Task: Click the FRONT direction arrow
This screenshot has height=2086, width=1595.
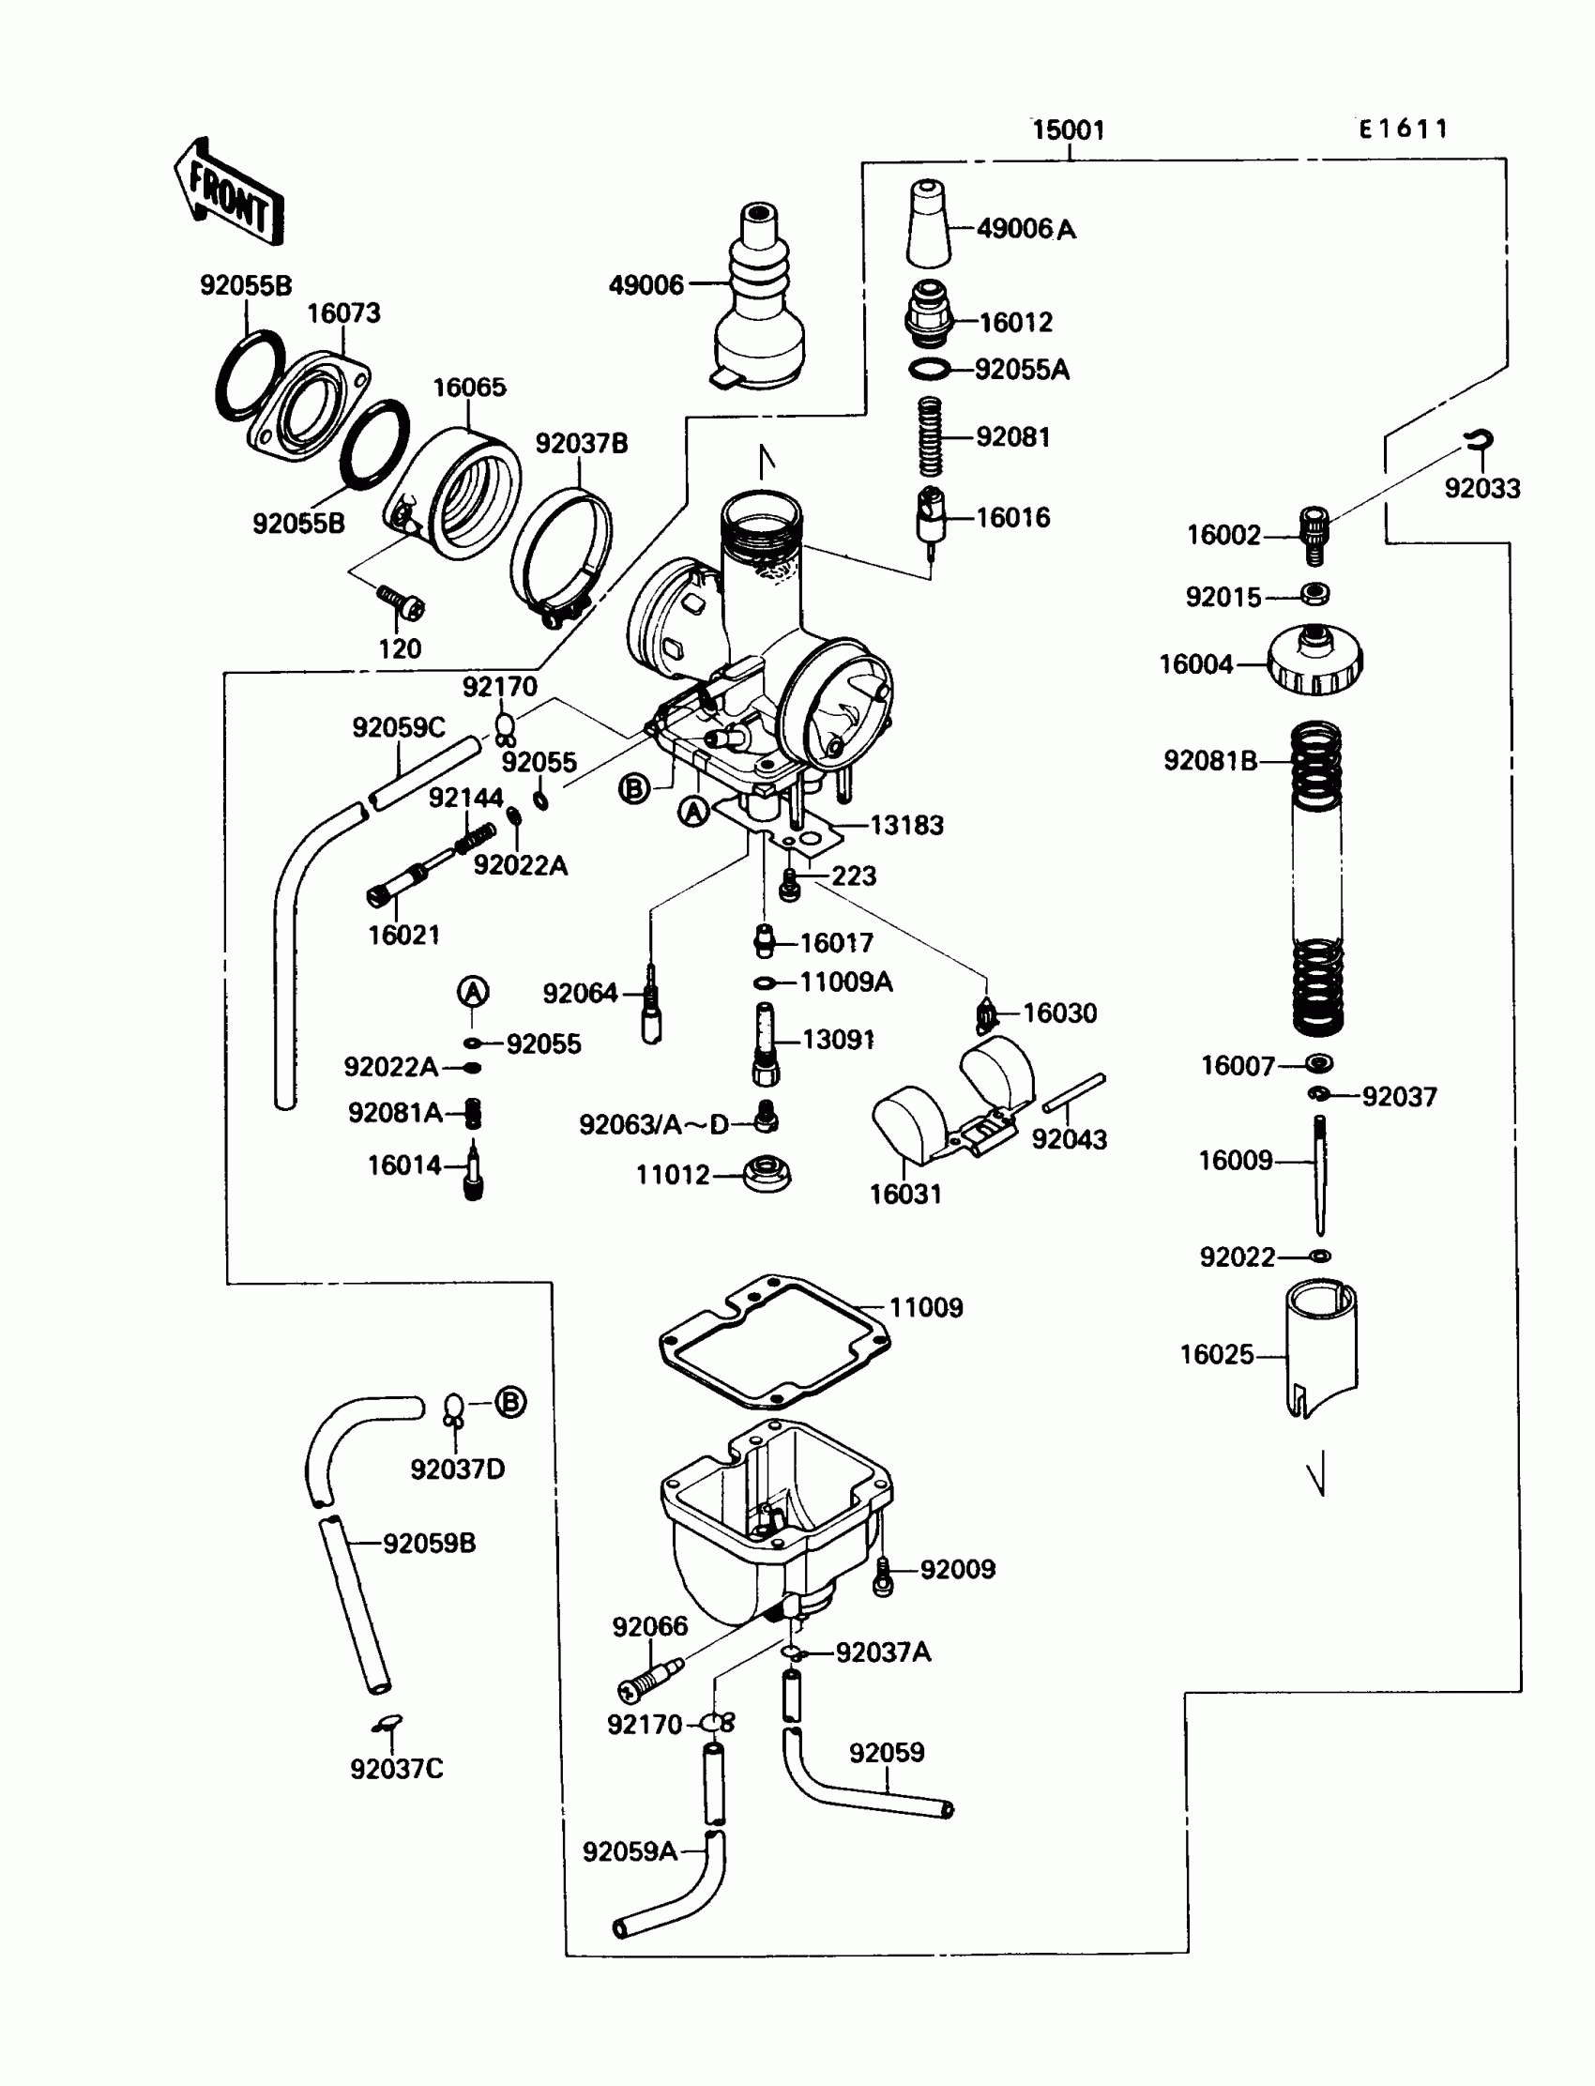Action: pos(229,192)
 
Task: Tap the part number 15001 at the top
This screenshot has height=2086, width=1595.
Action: pos(1068,130)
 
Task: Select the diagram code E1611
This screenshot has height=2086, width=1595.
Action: pos(1404,129)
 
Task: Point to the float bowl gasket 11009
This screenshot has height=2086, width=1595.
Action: pos(775,1342)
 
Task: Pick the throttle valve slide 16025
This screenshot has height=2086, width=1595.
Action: pos(1321,1348)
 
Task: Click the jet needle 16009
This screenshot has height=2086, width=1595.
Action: pos(1319,1175)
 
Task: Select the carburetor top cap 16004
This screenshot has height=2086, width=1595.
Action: pos(1314,659)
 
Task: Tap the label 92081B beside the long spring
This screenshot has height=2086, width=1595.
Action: pos(1209,760)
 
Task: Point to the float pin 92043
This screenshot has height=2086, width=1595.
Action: pos(1073,1093)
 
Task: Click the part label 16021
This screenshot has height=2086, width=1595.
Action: pos(404,936)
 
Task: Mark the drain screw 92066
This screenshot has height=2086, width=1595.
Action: pos(650,1678)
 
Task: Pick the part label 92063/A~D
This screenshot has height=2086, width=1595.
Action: pos(653,1125)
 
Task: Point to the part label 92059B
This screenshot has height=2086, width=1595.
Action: pos(429,1544)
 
